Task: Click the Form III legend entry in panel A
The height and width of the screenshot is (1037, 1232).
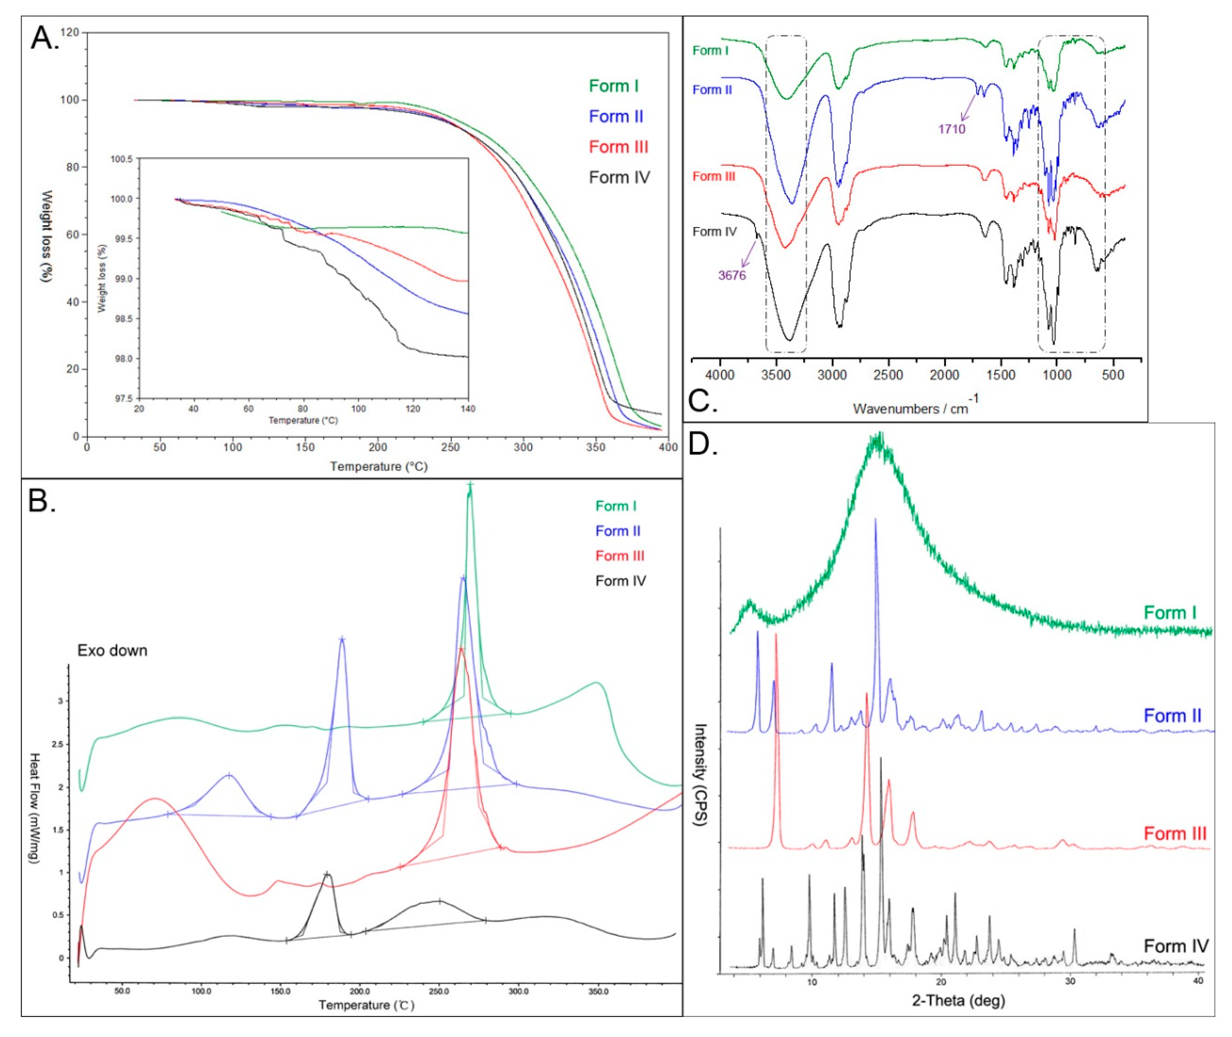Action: click(618, 147)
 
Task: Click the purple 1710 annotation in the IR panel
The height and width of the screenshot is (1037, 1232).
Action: click(951, 129)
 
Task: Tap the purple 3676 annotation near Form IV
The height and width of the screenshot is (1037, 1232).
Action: click(732, 275)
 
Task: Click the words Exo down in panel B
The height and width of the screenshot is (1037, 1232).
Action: click(112, 650)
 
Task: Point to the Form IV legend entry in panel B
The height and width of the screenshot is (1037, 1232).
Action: click(620, 581)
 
